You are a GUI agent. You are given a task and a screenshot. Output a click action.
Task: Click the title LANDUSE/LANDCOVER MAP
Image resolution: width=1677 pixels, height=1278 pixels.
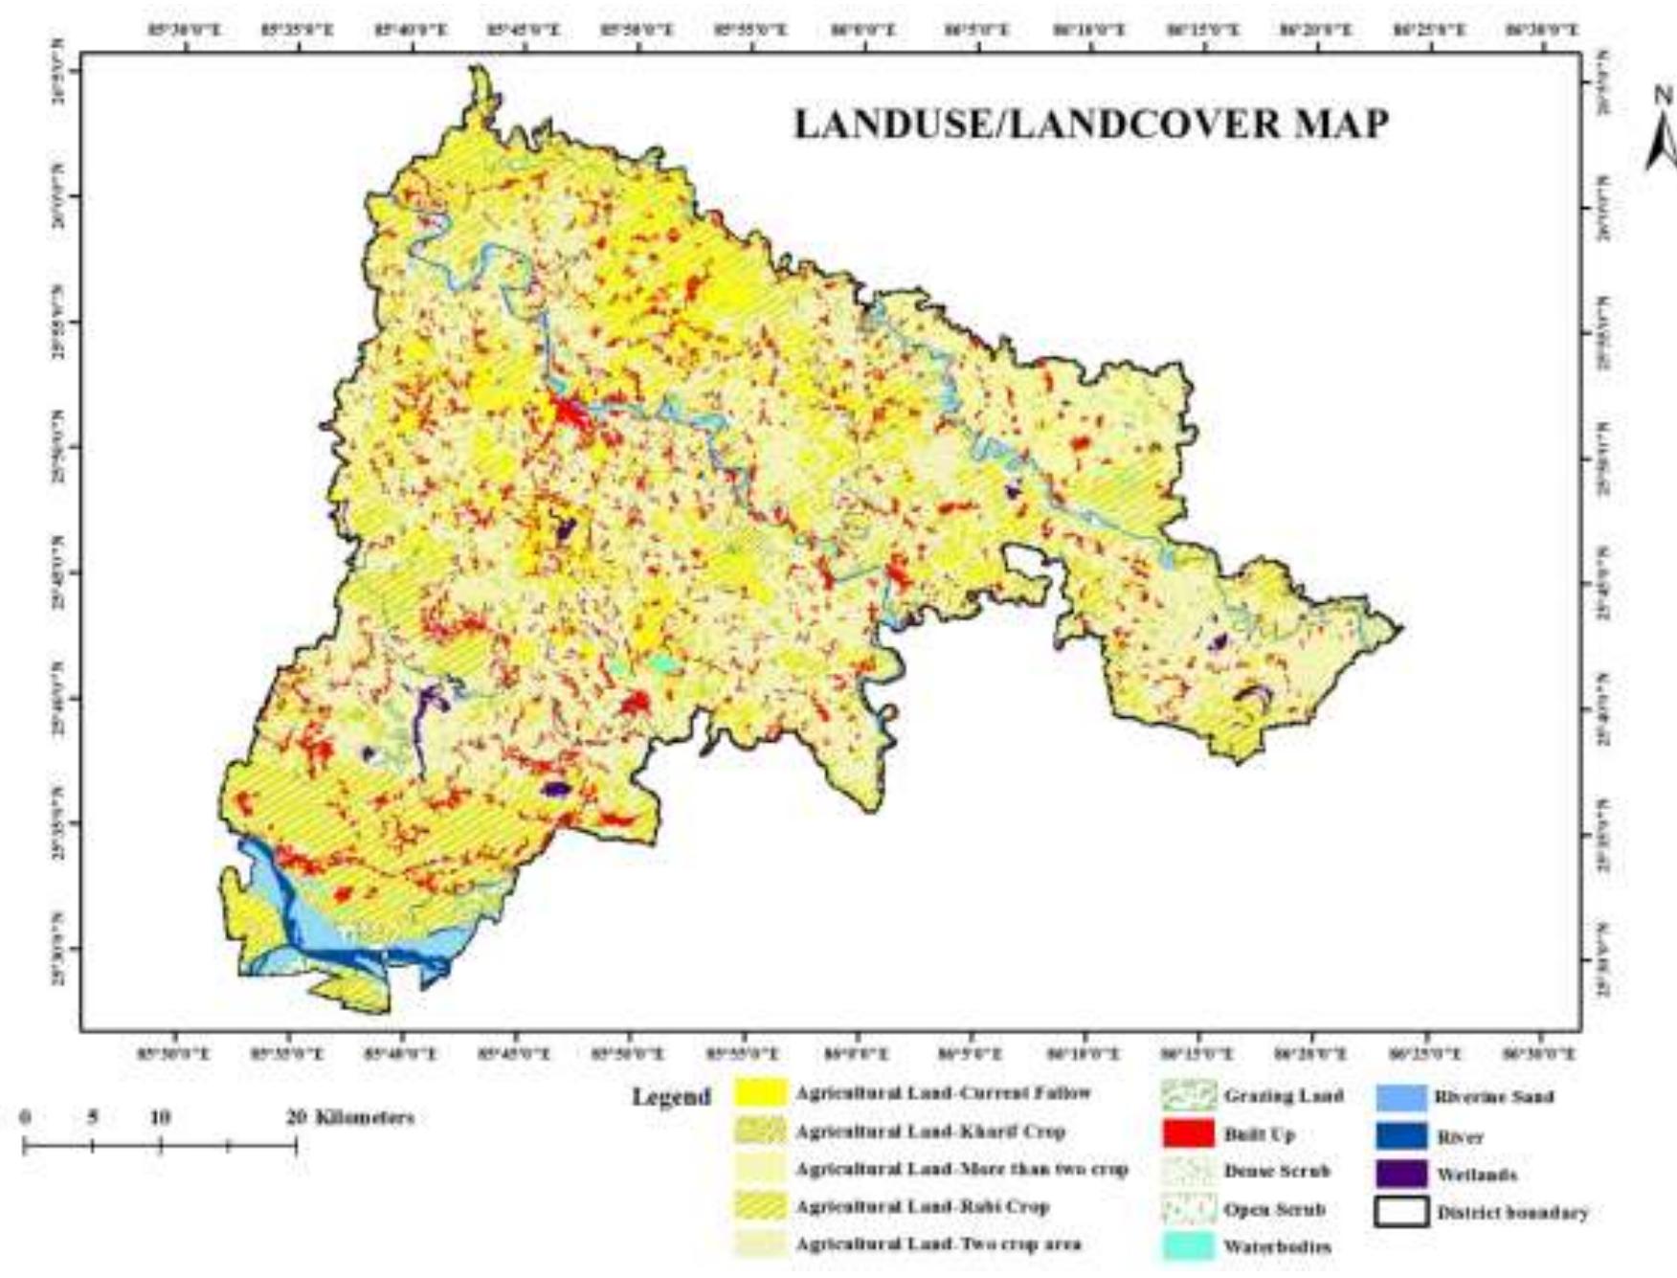click(1091, 124)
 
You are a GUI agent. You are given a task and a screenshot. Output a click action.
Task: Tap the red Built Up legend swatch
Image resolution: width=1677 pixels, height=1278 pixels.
click(1188, 1134)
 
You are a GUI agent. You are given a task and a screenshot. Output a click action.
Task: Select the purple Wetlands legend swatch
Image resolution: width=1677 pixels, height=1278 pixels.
click(1402, 1175)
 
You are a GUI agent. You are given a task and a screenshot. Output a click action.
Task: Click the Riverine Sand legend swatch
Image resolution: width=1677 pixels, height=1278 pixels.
click(1402, 1097)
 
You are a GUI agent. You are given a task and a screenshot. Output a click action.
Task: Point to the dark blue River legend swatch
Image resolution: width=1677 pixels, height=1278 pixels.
click(1402, 1136)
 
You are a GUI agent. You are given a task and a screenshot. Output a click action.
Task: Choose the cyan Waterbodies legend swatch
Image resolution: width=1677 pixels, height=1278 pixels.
click(1188, 1246)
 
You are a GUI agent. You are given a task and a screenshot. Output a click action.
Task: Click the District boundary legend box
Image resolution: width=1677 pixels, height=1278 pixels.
click(1402, 1212)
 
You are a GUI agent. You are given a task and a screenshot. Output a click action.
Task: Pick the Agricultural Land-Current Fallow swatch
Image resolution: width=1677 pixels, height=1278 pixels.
click(761, 1093)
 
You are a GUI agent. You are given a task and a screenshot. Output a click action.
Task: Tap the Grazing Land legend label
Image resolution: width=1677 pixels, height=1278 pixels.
click(1283, 1096)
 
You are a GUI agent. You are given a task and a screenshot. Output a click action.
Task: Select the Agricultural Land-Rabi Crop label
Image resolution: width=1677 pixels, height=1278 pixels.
click(922, 1206)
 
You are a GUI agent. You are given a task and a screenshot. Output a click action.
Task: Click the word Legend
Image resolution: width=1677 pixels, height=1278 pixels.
click(671, 1097)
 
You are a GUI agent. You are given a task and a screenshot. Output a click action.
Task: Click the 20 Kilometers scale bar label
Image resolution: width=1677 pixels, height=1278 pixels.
click(351, 1117)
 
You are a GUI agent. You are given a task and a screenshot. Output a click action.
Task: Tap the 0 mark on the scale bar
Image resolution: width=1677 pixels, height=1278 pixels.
click(26, 1117)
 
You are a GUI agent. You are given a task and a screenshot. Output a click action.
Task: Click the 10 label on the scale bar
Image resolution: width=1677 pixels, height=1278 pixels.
click(159, 1117)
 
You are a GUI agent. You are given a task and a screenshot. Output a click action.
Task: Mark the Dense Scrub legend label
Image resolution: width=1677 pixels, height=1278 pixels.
click(1276, 1172)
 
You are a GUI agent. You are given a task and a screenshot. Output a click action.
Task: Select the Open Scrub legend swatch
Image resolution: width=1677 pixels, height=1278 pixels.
click(1188, 1210)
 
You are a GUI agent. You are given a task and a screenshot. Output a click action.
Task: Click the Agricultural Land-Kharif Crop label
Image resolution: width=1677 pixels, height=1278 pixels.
click(929, 1132)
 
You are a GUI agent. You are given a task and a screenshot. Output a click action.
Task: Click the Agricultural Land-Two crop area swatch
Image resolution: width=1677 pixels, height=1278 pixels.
click(761, 1244)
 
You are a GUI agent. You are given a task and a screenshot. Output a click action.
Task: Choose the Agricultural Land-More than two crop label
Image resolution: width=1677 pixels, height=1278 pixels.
click(961, 1169)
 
